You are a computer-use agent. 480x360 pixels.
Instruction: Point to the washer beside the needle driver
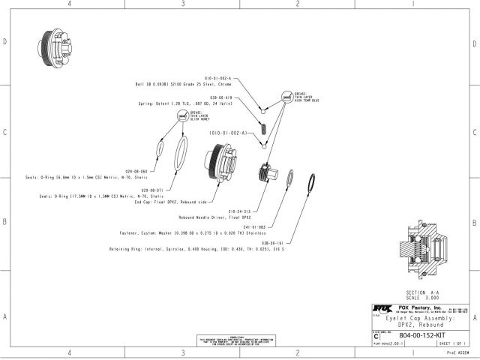pos(288,180)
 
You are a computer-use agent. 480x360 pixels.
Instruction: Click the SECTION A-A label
pos(420,290)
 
